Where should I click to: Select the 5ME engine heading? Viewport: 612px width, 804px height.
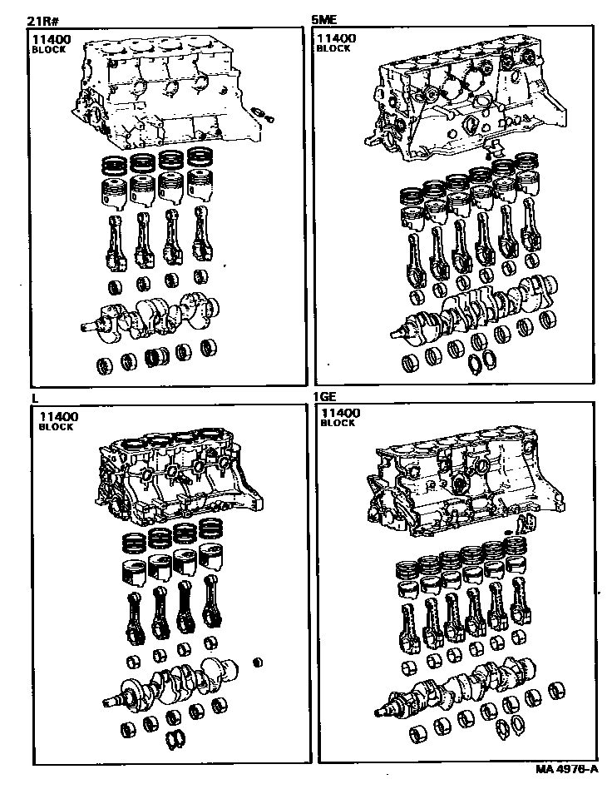click(324, 20)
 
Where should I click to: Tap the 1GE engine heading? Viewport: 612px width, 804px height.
click(324, 396)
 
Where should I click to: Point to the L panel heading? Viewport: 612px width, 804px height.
click(36, 398)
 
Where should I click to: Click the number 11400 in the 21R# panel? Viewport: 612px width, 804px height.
click(52, 39)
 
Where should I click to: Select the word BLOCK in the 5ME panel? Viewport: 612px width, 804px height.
click(333, 49)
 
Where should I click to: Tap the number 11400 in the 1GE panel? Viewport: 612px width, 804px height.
click(341, 413)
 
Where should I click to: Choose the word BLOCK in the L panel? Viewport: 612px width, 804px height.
click(56, 427)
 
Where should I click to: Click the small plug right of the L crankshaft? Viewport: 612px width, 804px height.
click(259, 663)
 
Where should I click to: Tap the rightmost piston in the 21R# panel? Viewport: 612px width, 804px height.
click(200, 184)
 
